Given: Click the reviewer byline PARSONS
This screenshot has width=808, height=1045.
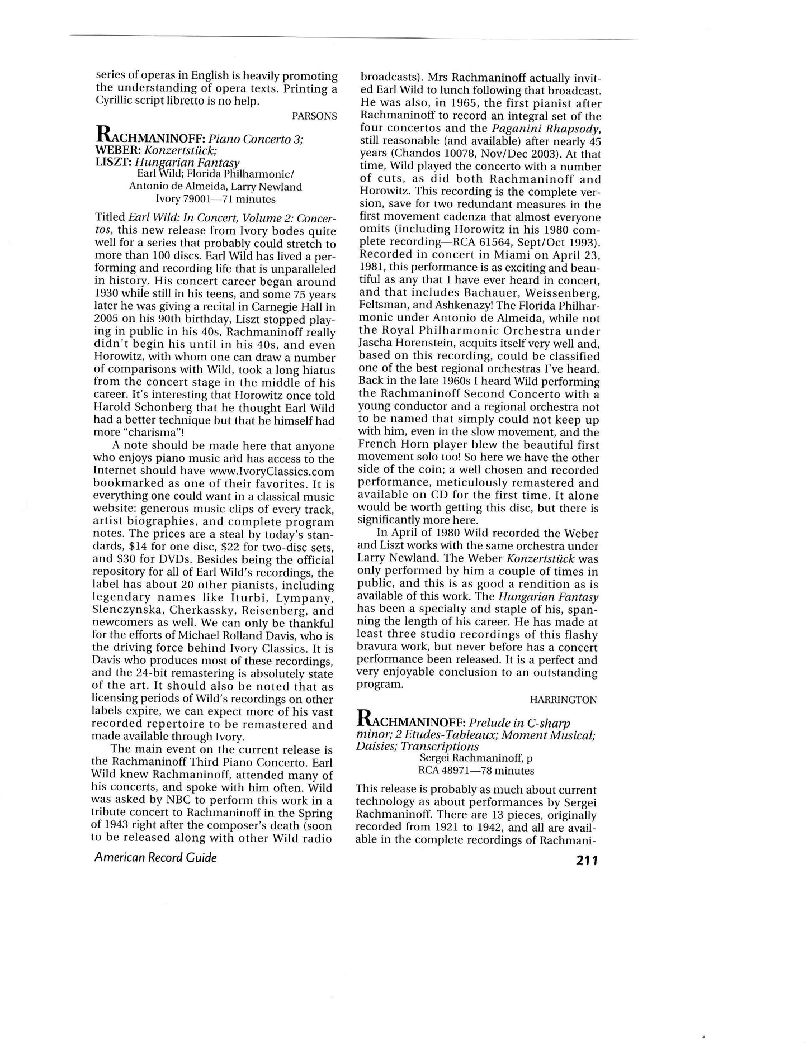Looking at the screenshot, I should (x=314, y=116).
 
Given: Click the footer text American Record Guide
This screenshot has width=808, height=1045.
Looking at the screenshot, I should (x=155, y=857).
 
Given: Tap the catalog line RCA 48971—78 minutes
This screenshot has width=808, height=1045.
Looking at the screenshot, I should (x=476, y=771).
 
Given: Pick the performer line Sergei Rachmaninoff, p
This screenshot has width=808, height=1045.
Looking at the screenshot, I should (x=475, y=758).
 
